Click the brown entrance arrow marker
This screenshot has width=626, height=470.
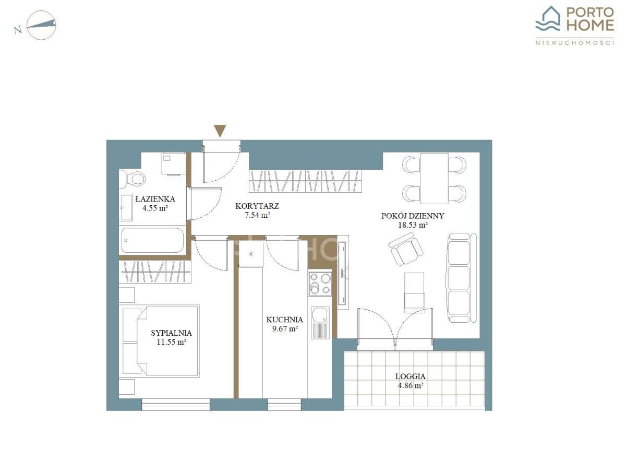(220, 131)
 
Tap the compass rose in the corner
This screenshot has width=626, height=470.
(41, 25)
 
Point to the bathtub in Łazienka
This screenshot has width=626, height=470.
(152, 240)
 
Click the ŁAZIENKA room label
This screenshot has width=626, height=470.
(155, 199)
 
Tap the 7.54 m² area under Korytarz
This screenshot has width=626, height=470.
(257, 215)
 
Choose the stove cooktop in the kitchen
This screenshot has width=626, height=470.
(320, 284)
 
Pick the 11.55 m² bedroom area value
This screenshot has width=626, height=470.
(172, 342)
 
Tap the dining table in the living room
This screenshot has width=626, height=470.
(434, 179)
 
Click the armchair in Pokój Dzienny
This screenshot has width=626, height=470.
(405, 249)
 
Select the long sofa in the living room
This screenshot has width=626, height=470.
(461, 278)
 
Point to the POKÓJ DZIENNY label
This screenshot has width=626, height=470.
(413, 216)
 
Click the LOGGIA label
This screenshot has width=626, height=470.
(410, 377)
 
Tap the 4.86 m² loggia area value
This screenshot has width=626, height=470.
(410, 385)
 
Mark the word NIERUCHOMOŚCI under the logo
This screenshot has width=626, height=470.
(574, 43)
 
